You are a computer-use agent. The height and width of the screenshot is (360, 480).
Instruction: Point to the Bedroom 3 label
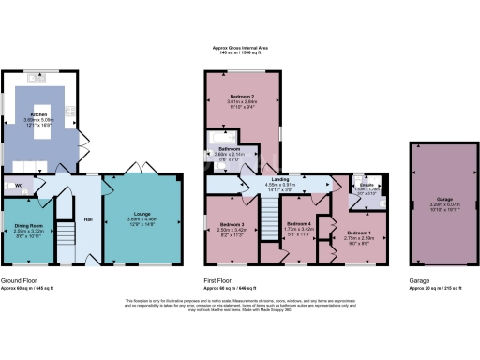[232, 226]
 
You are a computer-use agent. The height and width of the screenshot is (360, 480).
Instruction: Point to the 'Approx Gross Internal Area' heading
[239, 50]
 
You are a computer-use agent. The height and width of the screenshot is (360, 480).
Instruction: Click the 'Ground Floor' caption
[19, 280]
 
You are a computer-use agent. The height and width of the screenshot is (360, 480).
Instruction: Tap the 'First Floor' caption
[219, 280]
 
